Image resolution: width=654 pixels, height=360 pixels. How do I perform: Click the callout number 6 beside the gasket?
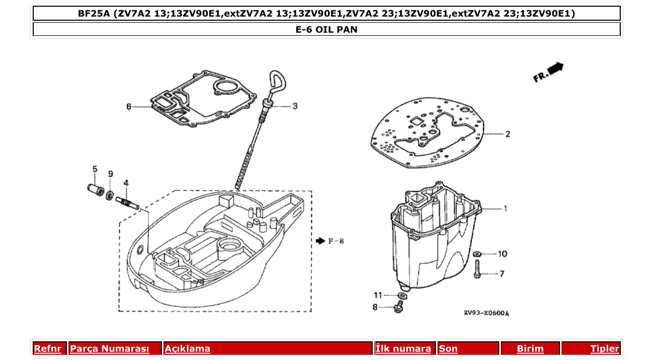(x=129, y=107)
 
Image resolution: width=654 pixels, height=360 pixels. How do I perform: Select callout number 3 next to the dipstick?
(x=295, y=106)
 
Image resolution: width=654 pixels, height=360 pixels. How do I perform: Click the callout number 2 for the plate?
(x=508, y=134)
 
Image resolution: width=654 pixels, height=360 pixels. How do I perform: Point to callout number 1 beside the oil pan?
(x=505, y=209)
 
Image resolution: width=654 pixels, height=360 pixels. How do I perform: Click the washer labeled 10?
(x=477, y=254)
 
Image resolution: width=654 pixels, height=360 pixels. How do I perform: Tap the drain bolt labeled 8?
(x=398, y=308)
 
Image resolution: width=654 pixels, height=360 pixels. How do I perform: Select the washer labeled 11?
(x=401, y=295)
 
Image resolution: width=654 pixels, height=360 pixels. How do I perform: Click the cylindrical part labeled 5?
(x=94, y=188)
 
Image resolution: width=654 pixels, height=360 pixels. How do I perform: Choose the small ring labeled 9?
(x=110, y=195)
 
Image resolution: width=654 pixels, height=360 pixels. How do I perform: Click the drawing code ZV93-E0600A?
(x=486, y=313)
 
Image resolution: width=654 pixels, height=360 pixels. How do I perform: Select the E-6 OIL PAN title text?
(x=326, y=30)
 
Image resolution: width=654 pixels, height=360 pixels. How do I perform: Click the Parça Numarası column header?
(x=110, y=349)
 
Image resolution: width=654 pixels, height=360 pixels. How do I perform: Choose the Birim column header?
(x=530, y=349)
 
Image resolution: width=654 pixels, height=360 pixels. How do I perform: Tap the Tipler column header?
(x=604, y=349)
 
